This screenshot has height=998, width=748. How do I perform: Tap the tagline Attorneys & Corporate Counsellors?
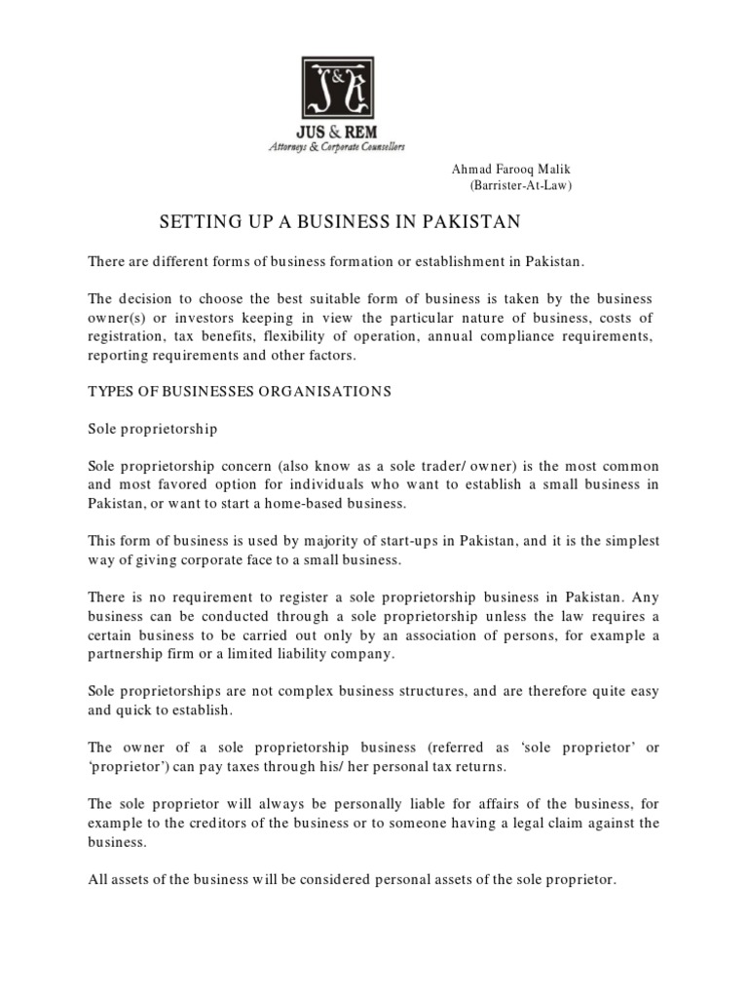(336, 146)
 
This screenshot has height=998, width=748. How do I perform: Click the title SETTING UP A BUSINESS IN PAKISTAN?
(340, 223)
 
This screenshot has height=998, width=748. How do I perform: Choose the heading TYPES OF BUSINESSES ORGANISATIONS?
(240, 391)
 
